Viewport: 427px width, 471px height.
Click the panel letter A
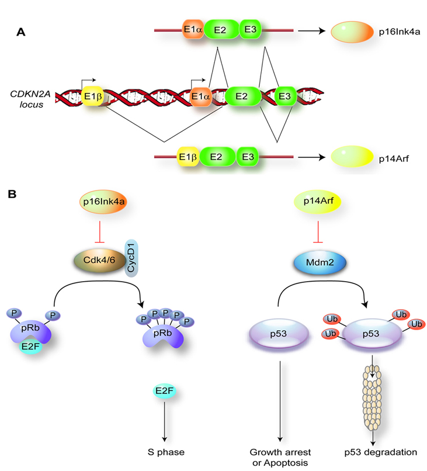click(20, 33)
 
